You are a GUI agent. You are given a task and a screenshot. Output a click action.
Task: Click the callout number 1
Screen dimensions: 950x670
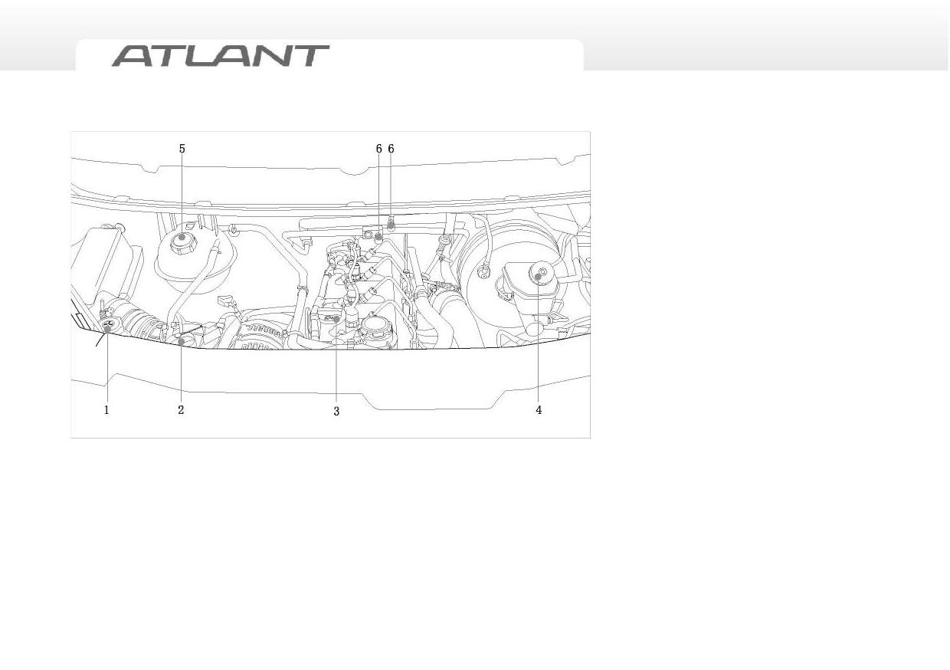point(106,410)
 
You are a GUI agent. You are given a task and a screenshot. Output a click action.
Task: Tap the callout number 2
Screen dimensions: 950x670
point(181,410)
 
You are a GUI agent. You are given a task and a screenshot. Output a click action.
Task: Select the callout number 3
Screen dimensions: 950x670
point(336,411)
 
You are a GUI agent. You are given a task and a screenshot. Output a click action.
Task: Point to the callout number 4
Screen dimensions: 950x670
point(539,410)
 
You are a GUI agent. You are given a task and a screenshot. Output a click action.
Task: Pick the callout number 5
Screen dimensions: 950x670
point(182,149)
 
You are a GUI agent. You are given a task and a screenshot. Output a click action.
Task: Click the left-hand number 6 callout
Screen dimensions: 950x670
point(378,149)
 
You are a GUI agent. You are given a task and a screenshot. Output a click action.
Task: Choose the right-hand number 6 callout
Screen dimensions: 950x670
point(391,149)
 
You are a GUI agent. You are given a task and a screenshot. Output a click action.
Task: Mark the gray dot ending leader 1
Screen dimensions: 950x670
point(108,328)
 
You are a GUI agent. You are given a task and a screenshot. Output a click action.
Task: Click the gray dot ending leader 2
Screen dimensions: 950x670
point(182,340)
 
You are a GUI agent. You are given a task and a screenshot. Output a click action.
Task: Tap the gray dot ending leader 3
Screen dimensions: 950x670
point(336,319)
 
